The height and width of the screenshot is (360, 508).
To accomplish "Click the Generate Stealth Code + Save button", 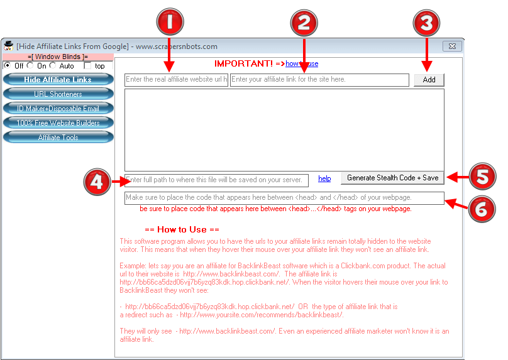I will click(x=392, y=178).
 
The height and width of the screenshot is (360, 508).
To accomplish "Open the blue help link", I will click(x=324, y=179).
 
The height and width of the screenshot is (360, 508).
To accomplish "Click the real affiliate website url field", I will click(x=176, y=80).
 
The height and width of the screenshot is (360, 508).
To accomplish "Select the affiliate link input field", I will click(x=319, y=80).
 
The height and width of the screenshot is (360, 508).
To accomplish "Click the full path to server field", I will click(x=216, y=180).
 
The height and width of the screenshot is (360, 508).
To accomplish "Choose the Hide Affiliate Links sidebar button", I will click(x=58, y=80).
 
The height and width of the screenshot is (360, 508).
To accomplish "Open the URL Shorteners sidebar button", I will click(x=58, y=94).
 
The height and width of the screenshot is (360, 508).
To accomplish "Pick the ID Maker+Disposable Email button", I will click(x=58, y=109).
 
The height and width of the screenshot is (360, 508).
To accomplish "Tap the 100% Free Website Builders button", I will click(x=58, y=123).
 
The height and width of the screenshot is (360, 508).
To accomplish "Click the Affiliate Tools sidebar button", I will click(x=58, y=138).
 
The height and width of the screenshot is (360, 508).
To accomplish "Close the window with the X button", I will click(x=451, y=46).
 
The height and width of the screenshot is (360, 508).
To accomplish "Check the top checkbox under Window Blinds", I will click(x=87, y=65).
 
